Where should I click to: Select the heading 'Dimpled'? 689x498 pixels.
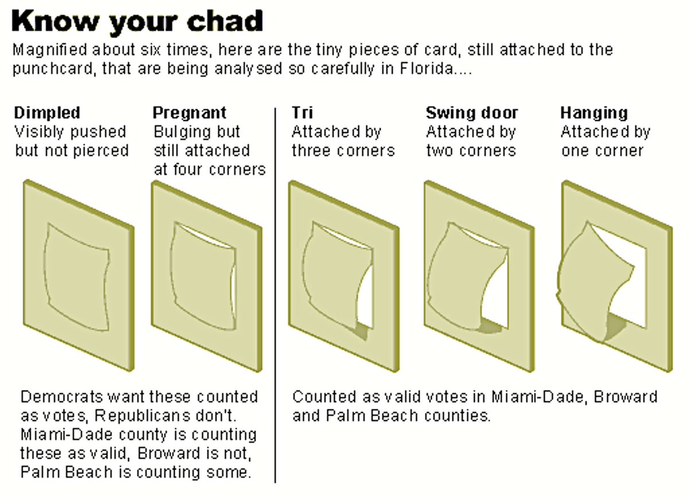(47, 113)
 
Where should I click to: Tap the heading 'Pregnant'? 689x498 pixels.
(189, 113)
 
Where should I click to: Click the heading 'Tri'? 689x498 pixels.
(302, 113)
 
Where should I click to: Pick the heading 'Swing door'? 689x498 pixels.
(472, 113)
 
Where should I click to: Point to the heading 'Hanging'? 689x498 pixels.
(594, 113)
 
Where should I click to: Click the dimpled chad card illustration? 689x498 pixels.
(78, 276)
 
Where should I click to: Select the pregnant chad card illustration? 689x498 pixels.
(206, 276)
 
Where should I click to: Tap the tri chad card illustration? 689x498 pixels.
(343, 276)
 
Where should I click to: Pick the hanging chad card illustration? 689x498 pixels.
(616, 276)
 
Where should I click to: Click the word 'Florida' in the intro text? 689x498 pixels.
(432, 70)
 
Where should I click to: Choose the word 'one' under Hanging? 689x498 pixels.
(575, 151)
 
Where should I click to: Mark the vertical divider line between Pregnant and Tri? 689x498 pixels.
(276, 287)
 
